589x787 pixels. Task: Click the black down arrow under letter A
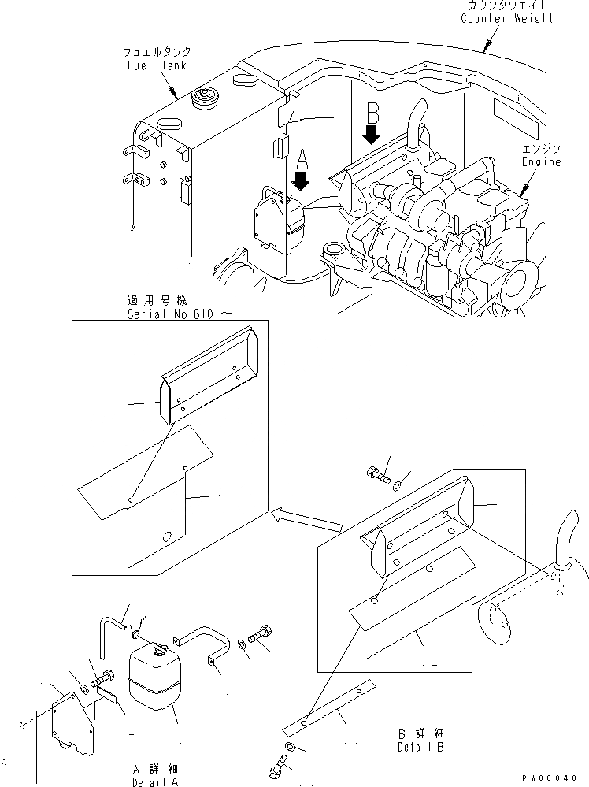[x=302, y=183]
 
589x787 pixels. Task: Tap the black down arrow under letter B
[x=372, y=134]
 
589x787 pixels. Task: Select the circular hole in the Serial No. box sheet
[x=166, y=537]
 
